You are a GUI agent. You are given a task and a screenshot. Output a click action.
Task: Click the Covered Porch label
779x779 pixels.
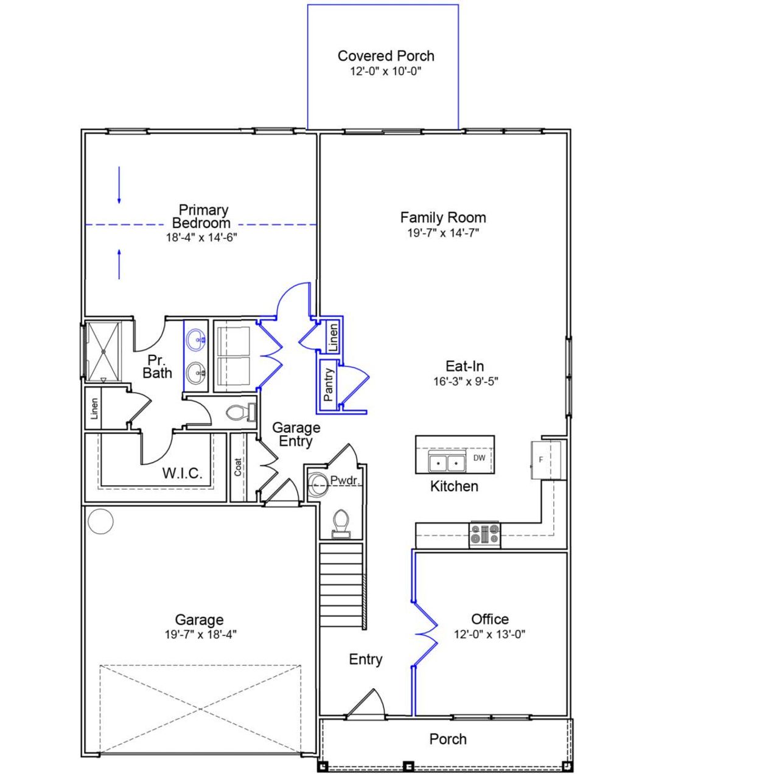tap(386, 56)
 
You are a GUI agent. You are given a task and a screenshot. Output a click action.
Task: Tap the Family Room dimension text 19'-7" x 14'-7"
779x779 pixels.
tap(443, 232)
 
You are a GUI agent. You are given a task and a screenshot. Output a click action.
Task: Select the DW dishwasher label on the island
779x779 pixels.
tap(480, 458)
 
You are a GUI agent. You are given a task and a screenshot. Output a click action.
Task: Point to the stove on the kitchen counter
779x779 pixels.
tap(485, 534)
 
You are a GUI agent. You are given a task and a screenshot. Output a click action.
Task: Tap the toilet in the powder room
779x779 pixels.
tap(341, 525)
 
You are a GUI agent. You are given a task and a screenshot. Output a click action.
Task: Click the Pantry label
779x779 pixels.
tap(329, 385)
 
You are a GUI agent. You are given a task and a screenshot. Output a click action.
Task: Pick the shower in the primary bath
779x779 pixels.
tap(103, 351)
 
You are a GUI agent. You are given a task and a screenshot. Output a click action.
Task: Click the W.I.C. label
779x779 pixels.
tap(182, 473)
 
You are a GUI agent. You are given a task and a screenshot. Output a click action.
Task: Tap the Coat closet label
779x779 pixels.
tap(238, 467)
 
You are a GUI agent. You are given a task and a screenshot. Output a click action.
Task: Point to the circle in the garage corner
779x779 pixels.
tap(100, 521)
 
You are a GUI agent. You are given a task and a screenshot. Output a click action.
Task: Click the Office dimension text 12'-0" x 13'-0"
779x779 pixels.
tap(490, 634)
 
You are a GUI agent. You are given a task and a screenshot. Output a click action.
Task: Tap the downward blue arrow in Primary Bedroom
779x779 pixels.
tap(119, 185)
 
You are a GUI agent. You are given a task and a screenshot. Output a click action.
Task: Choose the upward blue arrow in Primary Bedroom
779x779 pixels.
tap(119, 263)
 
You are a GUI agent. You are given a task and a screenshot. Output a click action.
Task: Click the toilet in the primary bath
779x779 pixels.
tap(239, 413)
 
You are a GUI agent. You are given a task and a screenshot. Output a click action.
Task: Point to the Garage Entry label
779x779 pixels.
tap(296, 435)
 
